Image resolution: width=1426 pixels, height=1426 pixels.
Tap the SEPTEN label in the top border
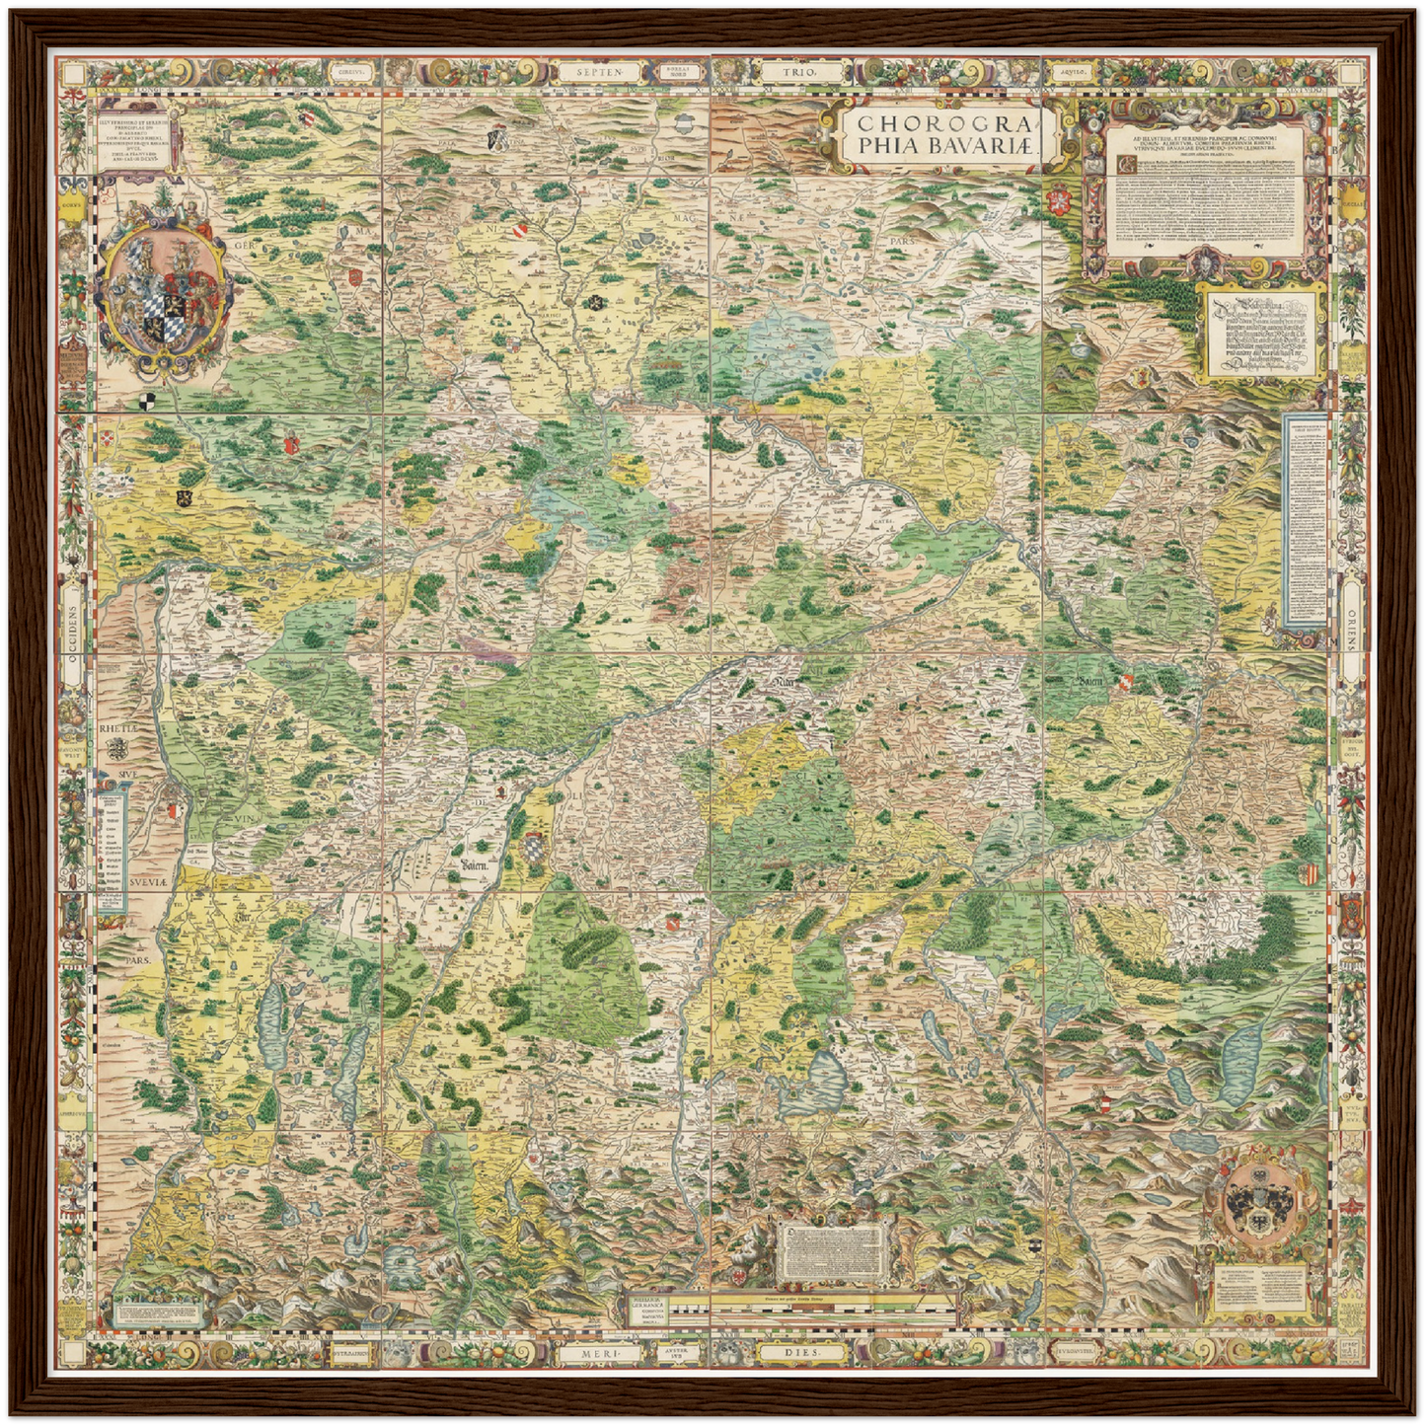click(x=601, y=72)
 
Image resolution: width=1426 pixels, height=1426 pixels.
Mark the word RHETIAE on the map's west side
click(x=119, y=728)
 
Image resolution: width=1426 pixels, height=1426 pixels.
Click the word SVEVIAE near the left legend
click(x=147, y=880)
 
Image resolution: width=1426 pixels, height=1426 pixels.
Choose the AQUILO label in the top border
click(x=1071, y=72)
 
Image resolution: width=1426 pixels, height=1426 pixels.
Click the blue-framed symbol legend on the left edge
click(x=113, y=848)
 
